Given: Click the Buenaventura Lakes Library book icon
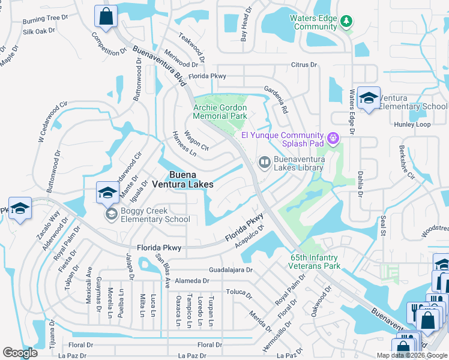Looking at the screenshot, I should (x=264, y=162).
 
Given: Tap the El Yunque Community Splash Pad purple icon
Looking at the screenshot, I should (x=334, y=140).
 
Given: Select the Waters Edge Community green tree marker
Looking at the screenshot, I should (x=346, y=22).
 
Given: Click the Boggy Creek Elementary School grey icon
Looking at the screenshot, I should (x=112, y=214).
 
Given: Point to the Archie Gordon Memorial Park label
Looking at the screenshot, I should (x=220, y=112).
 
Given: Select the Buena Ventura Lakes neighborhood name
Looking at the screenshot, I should (x=182, y=180).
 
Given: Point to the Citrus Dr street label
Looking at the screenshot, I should (x=304, y=65).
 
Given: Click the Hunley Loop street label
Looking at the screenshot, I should (x=412, y=125).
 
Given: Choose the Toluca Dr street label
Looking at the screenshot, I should (x=238, y=292).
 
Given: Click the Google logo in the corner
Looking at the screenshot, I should (x=20, y=353).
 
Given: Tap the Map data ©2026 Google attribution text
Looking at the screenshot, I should (x=412, y=355).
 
